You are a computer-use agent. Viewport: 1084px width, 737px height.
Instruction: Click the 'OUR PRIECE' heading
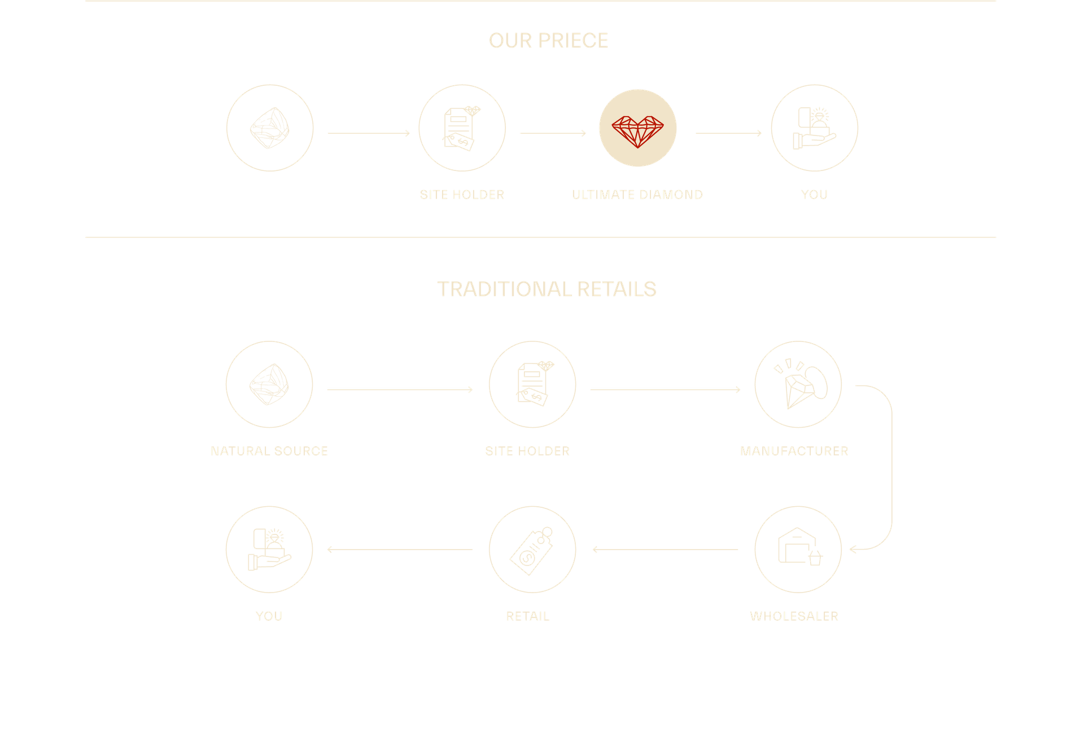point(548,41)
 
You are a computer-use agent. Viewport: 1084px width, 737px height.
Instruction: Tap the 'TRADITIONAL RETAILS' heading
point(547,289)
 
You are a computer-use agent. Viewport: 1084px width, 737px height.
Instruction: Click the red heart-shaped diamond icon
point(637,129)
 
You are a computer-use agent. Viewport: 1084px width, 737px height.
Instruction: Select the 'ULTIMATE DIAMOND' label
point(637,195)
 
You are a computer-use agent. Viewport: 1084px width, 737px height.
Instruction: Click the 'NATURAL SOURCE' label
point(269,451)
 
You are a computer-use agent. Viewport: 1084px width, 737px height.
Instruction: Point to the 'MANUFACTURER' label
point(794,451)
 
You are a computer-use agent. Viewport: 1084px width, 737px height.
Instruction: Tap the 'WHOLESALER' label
point(794,616)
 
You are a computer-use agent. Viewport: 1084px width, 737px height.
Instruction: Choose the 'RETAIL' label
point(527,616)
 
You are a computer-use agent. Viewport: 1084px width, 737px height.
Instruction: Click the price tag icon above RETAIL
point(532,550)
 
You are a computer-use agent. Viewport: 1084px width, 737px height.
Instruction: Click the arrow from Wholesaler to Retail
point(665,550)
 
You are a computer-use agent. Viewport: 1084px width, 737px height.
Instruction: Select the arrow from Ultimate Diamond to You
point(728,133)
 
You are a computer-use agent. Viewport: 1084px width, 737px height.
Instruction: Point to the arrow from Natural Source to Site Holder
point(400,389)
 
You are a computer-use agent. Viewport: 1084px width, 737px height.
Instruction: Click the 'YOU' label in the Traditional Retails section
point(269,616)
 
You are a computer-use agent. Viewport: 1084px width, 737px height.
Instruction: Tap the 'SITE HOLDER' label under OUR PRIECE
point(462,195)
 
